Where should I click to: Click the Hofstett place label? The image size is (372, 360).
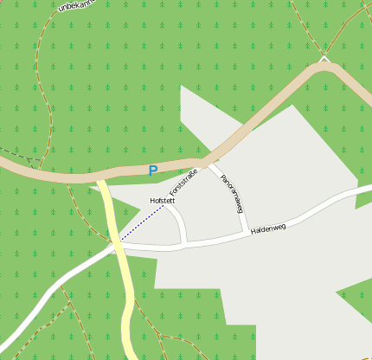tap(163, 201)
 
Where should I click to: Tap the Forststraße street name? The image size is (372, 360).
tap(183, 187)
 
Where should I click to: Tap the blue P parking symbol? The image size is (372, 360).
tap(153, 171)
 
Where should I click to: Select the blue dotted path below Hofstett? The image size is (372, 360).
tap(142, 223)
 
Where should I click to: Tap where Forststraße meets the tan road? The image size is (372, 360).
tap(202, 162)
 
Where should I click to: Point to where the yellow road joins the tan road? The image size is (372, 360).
tap(101, 177)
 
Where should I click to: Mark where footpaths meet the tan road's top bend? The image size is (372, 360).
tap(325, 62)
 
